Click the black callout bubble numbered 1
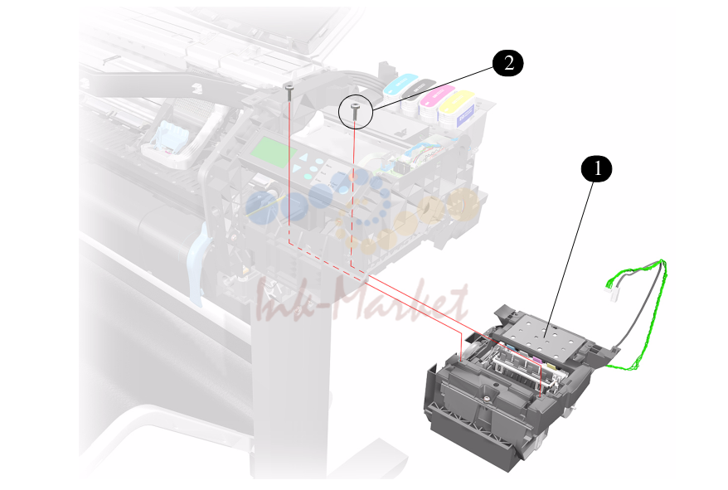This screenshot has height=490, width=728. point(597,168)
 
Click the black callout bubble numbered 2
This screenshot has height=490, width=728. point(508,63)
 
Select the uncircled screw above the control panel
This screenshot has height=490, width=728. point(289,92)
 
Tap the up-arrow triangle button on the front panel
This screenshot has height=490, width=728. point(303,157)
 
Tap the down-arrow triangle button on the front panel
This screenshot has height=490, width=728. point(297,168)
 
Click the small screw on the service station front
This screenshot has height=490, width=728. point(486,398)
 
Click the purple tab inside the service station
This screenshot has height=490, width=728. point(537,361)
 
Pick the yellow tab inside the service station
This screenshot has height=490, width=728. point(551,367)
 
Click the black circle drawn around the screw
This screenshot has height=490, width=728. point(356,95)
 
